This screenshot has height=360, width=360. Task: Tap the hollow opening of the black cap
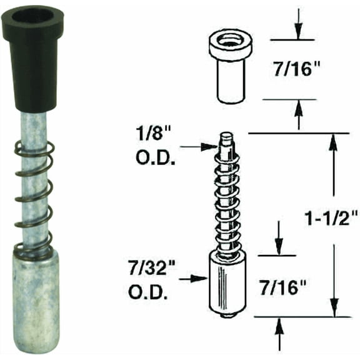(33, 17)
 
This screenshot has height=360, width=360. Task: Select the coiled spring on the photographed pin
(34, 199)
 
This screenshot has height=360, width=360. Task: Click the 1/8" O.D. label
(156, 147)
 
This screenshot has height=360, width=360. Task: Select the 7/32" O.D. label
(152, 281)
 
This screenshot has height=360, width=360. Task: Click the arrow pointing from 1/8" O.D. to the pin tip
(199, 146)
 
